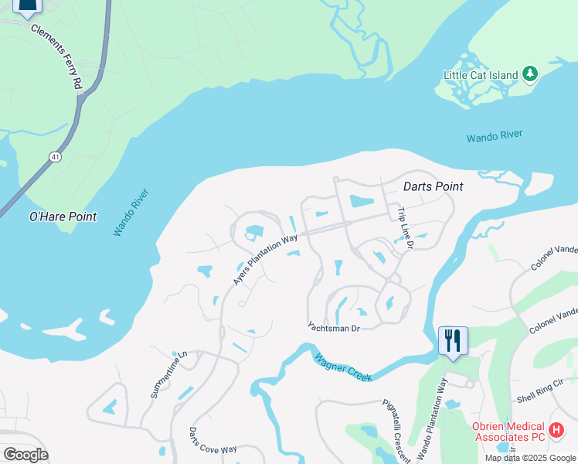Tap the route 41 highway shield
click(55, 157)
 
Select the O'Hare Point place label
click(63, 217)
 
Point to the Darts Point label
click(433, 186)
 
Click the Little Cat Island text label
click(480, 75)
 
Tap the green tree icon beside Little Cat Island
click(529, 74)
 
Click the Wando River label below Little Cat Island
click(495, 137)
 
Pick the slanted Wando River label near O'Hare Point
click(131, 213)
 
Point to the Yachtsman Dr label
click(334, 328)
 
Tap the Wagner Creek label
click(343, 367)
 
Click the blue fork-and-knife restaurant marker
click(453, 340)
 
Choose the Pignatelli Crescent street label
click(396, 431)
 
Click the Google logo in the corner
click(25, 454)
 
